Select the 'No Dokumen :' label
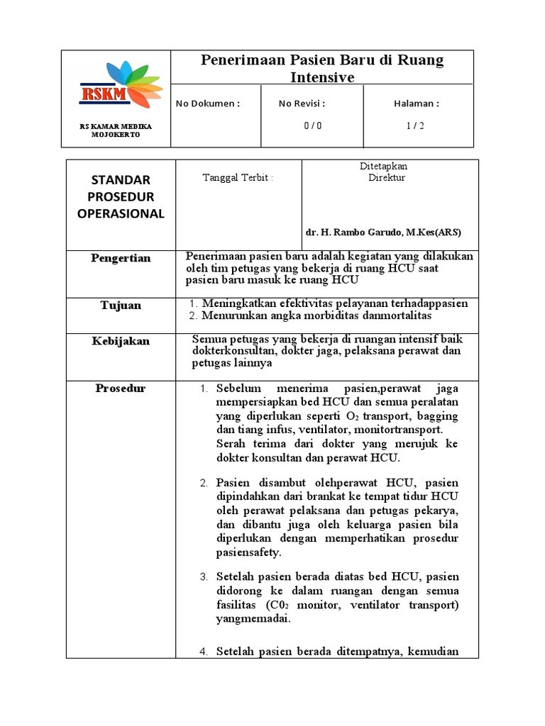tap(208, 104)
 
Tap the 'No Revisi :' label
tap(302, 104)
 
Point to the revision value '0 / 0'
tap(312, 125)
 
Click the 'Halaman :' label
tap(417, 104)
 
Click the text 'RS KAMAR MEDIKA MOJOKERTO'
tap(116, 130)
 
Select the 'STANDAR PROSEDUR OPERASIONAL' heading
tap(121, 197)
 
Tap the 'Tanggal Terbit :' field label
tap(238, 178)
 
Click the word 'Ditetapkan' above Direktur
tap(384, 167)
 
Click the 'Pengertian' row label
tap(121, 258)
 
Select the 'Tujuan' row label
tap(121, 306)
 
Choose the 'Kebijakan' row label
tap(121, 341)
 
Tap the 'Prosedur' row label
tap(121, 389)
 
